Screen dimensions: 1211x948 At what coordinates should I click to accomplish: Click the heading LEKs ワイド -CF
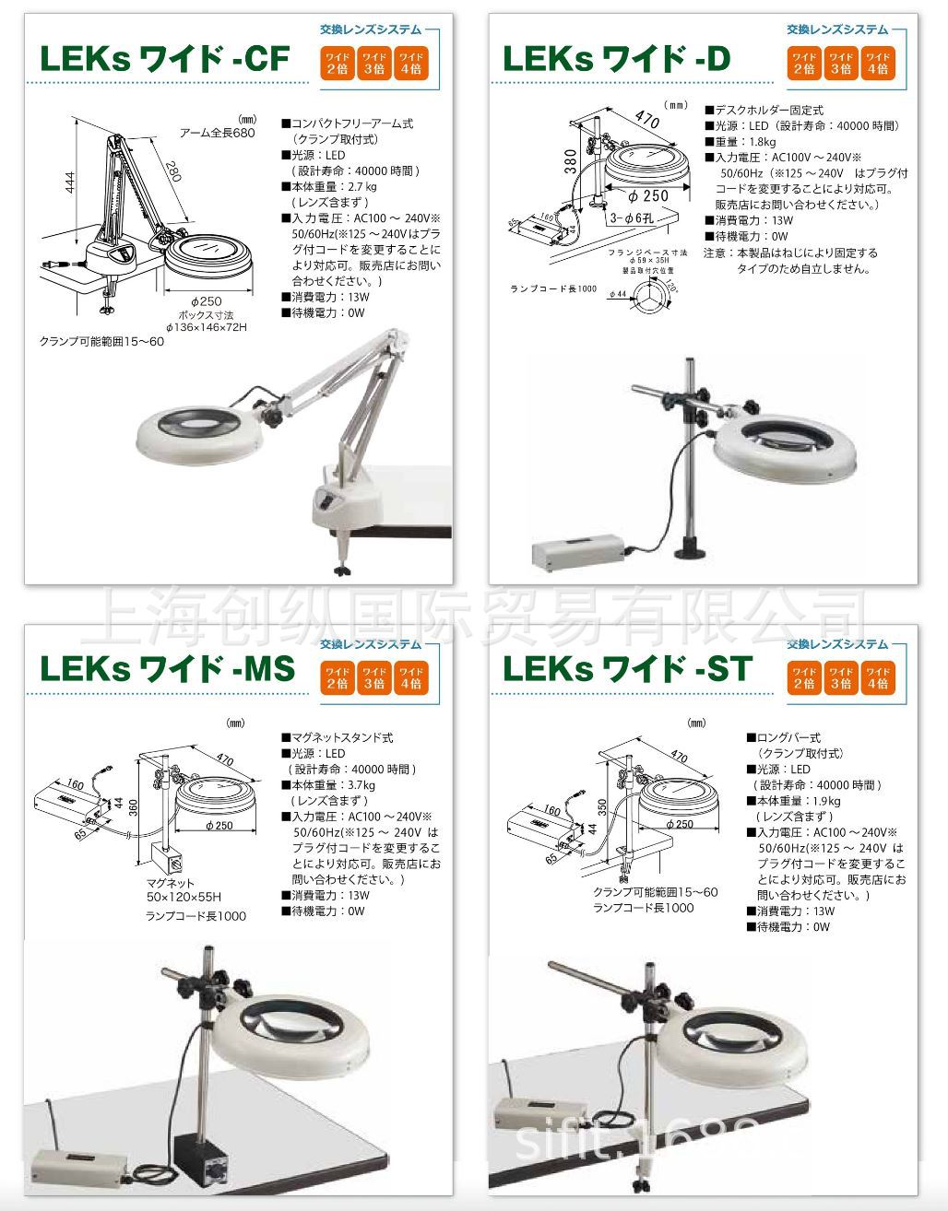point(163,59)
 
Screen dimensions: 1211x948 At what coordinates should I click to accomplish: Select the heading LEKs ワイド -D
point(616,59)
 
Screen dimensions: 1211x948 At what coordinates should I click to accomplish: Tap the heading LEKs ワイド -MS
point(166,669)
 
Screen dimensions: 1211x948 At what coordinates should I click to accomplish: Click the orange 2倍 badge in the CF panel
point(338,63)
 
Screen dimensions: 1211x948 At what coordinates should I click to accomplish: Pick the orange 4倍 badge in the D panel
point(877,63)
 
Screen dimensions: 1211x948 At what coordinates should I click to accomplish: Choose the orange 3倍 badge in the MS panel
point(373,677)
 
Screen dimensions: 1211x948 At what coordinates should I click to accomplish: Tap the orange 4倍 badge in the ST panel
point(877,677)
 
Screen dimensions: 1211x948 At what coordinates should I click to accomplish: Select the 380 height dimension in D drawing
point(571,166)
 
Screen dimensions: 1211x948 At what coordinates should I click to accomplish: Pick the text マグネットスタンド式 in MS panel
point(342,738)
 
